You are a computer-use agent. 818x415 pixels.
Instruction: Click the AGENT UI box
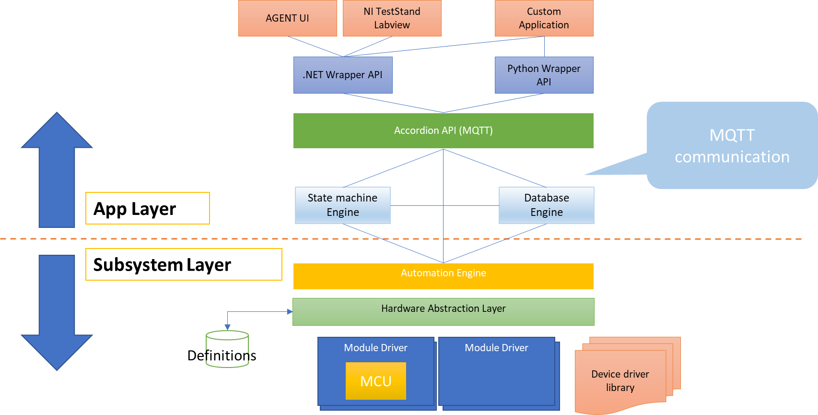point(288,18)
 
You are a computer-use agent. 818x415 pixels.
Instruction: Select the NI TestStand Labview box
point(392,18)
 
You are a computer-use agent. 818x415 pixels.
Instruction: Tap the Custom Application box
point(544,18)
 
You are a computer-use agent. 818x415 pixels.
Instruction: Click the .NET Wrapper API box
point(343,75)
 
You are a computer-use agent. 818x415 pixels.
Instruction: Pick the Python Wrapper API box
point(544,75)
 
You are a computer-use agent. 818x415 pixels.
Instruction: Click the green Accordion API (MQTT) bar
point(443,130)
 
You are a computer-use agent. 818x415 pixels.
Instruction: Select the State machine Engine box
point(343,205)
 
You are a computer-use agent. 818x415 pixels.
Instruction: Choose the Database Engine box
point(546,205)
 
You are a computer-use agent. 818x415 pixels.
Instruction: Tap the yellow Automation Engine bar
point(443,276)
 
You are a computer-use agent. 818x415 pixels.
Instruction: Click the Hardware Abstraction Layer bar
point(443,312)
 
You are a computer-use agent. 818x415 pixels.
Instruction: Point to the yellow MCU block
point(376,381)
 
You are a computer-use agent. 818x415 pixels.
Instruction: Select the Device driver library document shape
point(620,381)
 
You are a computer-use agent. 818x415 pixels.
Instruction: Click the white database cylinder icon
point(227,349)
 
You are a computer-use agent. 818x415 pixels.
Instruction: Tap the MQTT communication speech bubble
point(732,145)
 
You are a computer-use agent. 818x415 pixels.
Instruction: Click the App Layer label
point(147,208)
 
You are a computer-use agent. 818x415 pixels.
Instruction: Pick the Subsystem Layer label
point(184,264)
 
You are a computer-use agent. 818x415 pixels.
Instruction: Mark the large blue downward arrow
point(57,312)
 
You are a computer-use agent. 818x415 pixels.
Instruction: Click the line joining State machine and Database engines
point(444,205)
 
